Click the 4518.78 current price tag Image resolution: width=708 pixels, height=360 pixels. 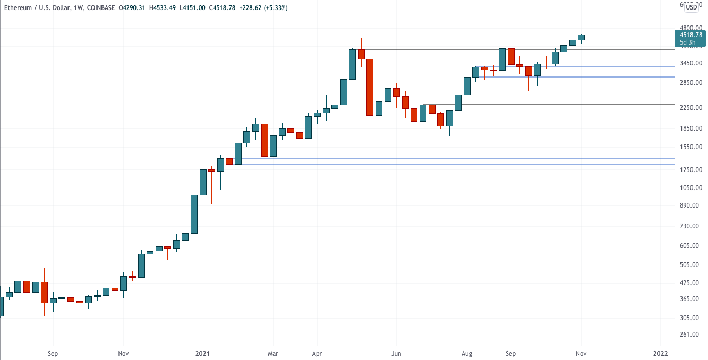pyautogui.click(x=690, y=35)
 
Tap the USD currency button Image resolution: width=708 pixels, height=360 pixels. pyautogui.click(x=692, y=7)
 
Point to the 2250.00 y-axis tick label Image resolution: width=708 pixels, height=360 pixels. pyautogui.click(x=690, y=108)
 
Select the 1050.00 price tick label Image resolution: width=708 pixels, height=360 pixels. pyautogui.click(x=690, y=187)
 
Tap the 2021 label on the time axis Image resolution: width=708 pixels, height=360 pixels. pyautogui.click(x=202, y=353)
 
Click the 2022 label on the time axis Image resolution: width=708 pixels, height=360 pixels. pyautogui.click(x=660, y=353)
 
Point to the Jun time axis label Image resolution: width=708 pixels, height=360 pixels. pyautogui.click(x=396, y=353)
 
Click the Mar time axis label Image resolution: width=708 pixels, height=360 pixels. pyautogui.click(x=272, y=353)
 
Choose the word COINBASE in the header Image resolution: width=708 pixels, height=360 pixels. pyautogui.click(x=99, y=7)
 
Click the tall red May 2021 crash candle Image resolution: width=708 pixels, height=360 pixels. pyautogui.click(x=370, y=87)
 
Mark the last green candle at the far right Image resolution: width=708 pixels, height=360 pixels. pyautogui.click(x=582, y=37)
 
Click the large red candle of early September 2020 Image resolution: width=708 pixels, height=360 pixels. pyautogui.click(x=44, y=292)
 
